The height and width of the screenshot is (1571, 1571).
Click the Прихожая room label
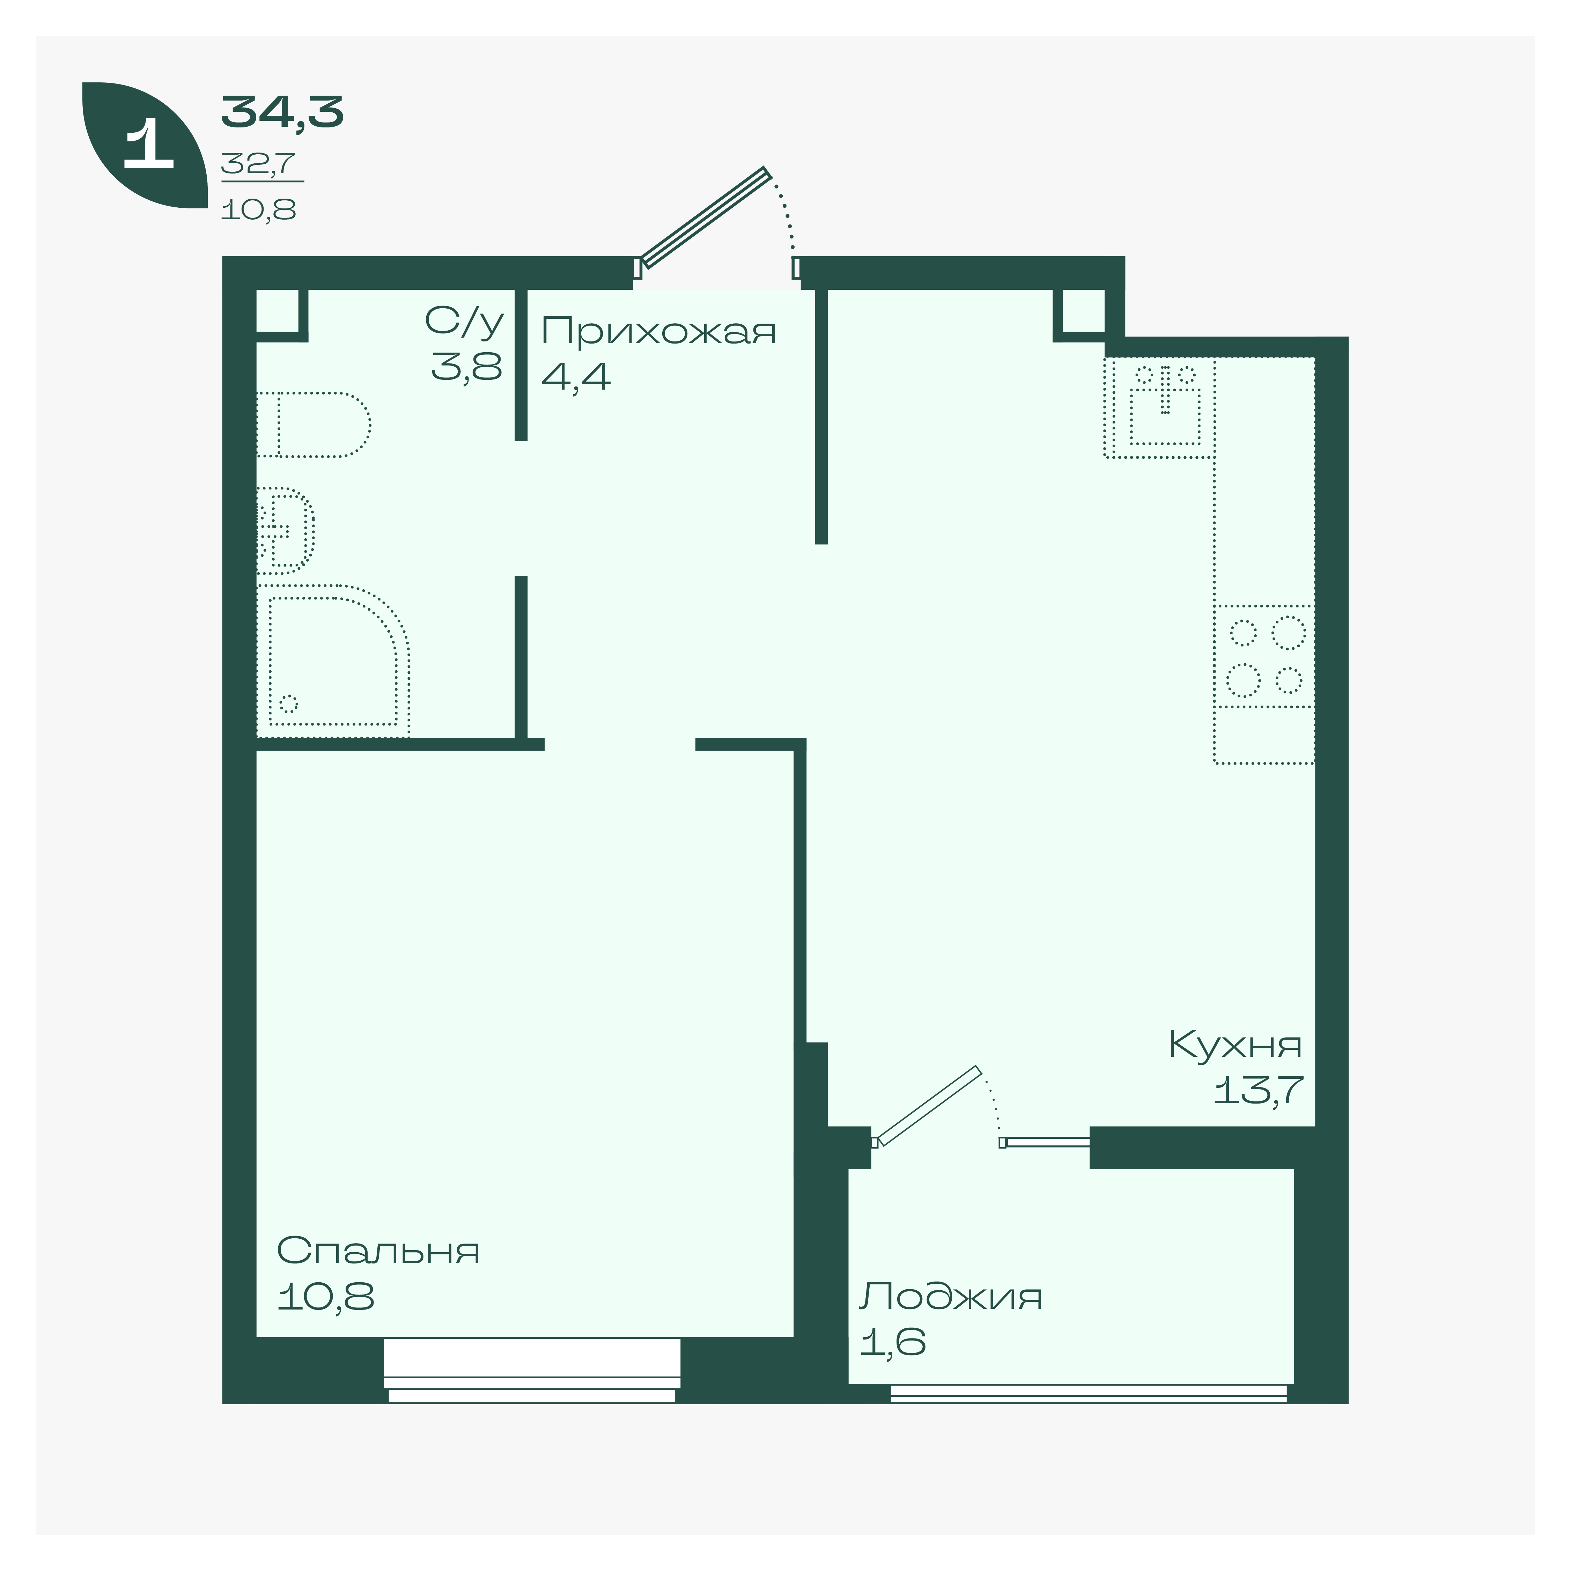click(x=659, y=332)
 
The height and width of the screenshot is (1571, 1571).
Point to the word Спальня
click(x=378, y=1251)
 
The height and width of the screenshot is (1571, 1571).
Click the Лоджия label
click(x=951, y=1296)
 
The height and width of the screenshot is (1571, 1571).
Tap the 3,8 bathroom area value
click(x=467, y=367)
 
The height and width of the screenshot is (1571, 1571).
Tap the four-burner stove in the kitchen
click(x=1264, y=656)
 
